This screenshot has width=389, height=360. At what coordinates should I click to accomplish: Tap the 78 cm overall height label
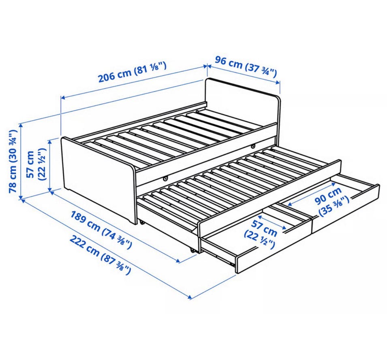point(13,162)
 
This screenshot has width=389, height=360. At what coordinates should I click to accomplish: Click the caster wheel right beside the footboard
point(142,222)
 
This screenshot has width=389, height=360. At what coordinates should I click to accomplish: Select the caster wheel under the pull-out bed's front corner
point(192,250)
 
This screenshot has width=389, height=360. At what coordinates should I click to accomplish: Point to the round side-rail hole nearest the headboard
point(253,146)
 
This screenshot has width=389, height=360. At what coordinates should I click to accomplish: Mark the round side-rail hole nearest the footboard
point(165,178)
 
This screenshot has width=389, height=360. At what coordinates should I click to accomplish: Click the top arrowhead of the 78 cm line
point(21,126)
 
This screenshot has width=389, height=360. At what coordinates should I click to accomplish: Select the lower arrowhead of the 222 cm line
point(190,297)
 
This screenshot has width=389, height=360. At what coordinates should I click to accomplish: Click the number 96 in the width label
point(220,60)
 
